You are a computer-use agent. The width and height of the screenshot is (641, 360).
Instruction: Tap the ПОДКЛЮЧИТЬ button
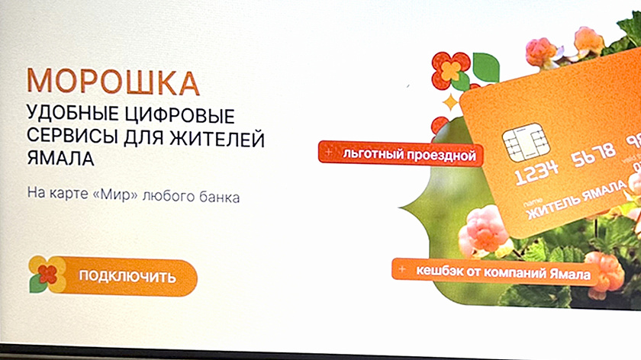(x=127, y=276)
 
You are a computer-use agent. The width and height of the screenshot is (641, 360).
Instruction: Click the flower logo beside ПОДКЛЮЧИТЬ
(x=47, y=274)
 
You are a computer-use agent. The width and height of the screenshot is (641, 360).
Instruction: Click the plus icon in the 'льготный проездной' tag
(x=328, y=153)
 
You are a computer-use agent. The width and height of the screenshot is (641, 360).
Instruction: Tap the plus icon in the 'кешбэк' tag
(x=402, y=270)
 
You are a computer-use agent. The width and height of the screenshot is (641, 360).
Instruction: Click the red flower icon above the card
(x=450, y=70)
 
